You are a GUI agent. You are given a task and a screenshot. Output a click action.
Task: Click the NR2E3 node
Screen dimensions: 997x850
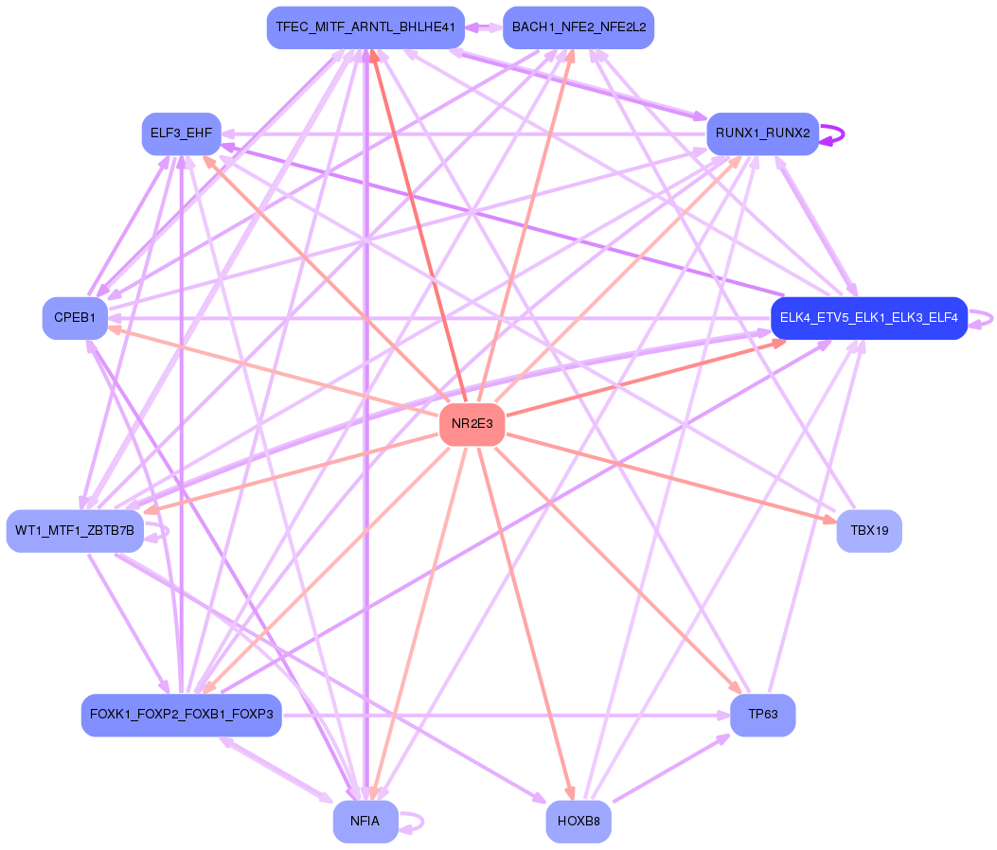(x=472, y=424)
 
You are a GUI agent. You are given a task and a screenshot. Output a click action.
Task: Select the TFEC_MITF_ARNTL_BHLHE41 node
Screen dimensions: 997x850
(x=365, y=27)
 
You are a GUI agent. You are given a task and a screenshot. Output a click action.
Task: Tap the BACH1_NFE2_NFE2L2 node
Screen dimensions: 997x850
(x=579, y=27)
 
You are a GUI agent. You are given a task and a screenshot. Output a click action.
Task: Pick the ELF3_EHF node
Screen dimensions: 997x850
(x=181, y=133)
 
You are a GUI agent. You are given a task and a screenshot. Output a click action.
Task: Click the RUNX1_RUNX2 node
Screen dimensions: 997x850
(x=762, y=133)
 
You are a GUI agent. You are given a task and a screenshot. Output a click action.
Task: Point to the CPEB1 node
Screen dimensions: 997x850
(x=75, y=318)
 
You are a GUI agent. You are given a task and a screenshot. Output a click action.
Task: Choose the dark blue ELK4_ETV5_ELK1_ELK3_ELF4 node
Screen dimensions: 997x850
(x=868, y=318)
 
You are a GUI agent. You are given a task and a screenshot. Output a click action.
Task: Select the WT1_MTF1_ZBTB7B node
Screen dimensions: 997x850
(x=75, y=530)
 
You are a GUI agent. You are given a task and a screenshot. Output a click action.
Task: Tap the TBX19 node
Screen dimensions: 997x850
(x=869, y=530)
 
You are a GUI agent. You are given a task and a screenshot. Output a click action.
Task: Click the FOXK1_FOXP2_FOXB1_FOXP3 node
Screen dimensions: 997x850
(x=181, y=715)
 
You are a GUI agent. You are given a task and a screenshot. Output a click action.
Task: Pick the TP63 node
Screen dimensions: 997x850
(x=762, y=715)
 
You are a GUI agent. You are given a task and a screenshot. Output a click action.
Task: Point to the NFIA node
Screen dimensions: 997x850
(x=365, y=822)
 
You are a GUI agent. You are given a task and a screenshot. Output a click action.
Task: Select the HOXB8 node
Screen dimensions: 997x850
(x=579, y=822)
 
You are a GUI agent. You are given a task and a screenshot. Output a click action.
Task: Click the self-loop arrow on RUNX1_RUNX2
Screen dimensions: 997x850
(x=832, y=134)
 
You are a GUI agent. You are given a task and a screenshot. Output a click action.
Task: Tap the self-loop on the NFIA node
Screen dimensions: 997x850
(x=411, y=822)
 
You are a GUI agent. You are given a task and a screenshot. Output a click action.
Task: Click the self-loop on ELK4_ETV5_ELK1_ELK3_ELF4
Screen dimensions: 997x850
(x=981, y=318)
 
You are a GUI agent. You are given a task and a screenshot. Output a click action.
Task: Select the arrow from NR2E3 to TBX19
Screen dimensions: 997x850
(x=670, y=477)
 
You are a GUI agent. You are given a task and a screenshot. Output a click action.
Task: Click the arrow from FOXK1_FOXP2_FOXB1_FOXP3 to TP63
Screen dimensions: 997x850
(x=507, y=716)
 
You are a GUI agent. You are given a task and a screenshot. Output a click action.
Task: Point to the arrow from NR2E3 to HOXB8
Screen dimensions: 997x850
(x=526, y=623)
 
